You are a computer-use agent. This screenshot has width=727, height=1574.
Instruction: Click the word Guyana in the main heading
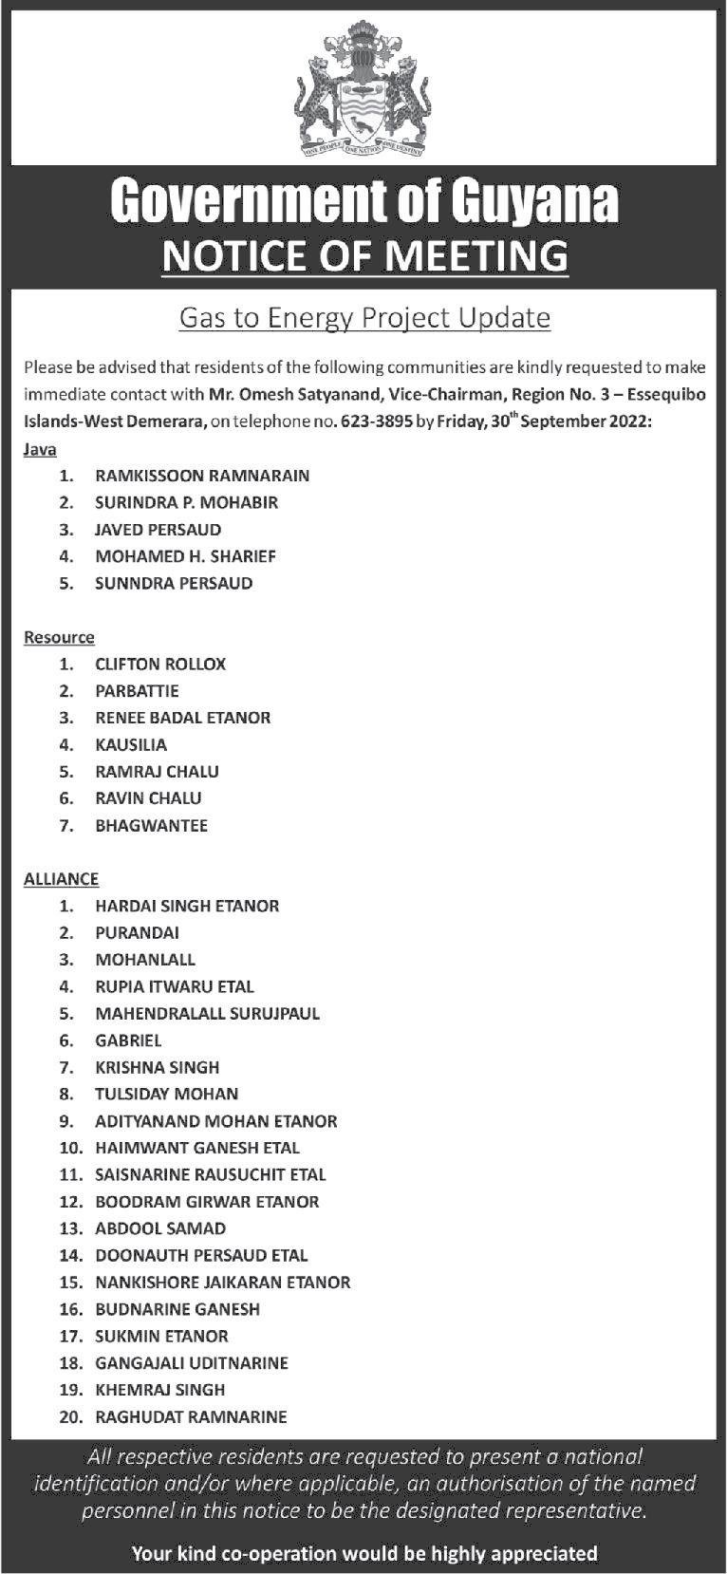(532, 200)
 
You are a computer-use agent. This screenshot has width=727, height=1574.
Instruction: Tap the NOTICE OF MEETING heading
(364, 255)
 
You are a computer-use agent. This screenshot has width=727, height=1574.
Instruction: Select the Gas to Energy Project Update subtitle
(364, 317)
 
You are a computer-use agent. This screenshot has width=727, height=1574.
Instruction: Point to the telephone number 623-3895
(379, 422)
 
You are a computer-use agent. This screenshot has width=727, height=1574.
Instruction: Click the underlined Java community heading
(40, 449)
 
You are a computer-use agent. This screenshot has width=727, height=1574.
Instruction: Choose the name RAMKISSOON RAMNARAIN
(202, 476)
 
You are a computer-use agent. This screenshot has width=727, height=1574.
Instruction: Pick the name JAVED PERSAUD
(158, 530)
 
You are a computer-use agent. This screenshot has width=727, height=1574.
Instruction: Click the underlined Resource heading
(59, 637)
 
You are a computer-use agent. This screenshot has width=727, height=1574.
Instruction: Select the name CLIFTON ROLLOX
(160, 665)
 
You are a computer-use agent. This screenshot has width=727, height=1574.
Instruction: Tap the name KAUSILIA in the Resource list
(131, 745)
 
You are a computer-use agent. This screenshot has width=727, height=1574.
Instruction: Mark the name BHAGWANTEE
(151, 826)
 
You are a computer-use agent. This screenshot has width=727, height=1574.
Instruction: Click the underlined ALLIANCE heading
(61, 879)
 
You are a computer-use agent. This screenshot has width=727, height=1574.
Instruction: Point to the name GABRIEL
(128, 1040)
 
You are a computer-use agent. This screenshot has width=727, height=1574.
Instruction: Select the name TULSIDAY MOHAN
(166, 1095)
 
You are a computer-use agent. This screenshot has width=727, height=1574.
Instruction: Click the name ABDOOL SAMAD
(160, 1228)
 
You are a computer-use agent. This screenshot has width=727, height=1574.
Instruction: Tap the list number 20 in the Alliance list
(71, 1417)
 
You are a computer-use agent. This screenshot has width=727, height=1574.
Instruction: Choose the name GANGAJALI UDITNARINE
(192, 1363)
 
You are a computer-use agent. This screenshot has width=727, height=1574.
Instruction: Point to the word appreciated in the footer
(538, 1553)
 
